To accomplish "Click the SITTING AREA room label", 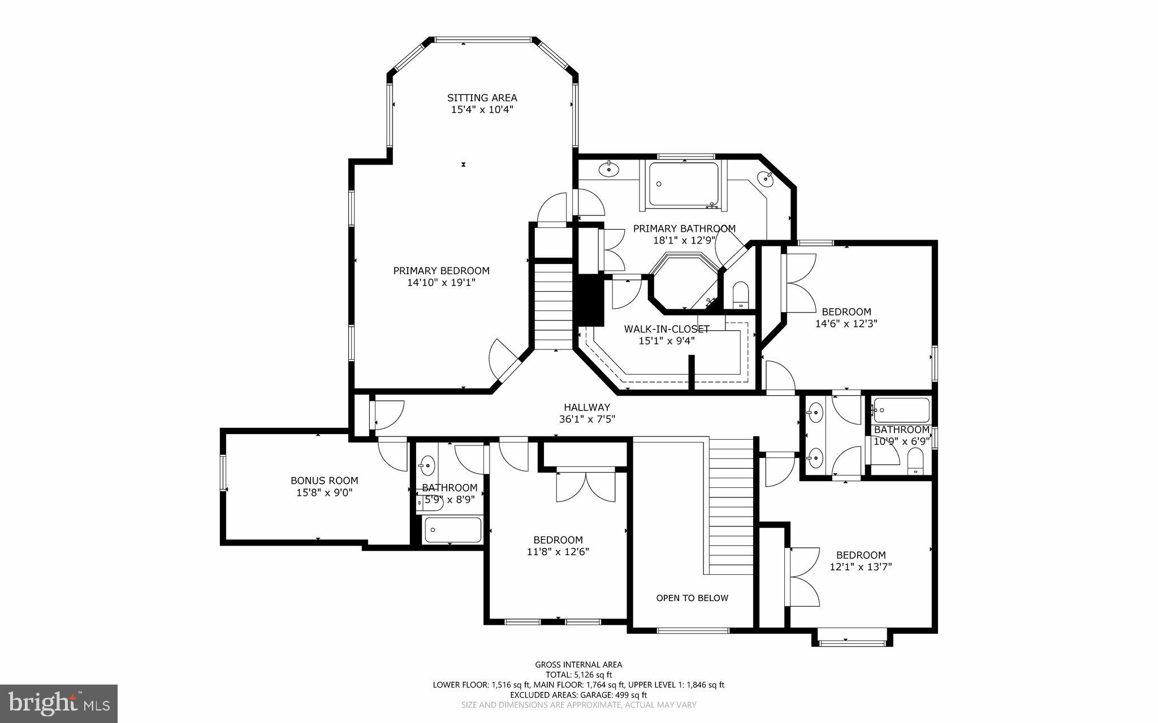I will tap(482, 98).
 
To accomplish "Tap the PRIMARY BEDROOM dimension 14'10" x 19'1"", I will tap(441, 283).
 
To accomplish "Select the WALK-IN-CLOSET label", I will tap(666, 329).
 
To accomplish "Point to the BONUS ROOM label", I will tap(324, 480).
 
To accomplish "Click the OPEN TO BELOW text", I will tap(692, 598).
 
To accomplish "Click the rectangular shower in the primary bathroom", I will tap(683, 184).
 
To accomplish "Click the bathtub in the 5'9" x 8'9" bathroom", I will tap(452, 530).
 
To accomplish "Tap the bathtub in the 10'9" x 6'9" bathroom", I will tap(901, 411).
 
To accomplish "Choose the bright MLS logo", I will tap(59, 703).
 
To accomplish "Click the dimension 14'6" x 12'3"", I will tap(846, 324).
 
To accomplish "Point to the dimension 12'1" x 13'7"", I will tap(861, 567).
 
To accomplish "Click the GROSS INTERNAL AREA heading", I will tap(578, 665).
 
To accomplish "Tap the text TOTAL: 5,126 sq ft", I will tap(578, 674).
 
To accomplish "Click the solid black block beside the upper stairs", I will tap(589, 300).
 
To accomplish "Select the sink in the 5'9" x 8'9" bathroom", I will tap(426, 466).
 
